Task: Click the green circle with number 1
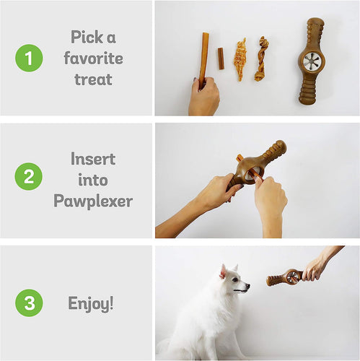tap(29, 58)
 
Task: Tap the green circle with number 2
tap(29, 177)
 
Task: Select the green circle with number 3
tap(29, 303)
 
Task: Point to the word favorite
tap(93, 58)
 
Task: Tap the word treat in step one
tap(93, 79)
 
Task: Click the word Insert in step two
tap(93, 158)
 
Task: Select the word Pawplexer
tap(93, 201)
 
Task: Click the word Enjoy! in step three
tap(92, 303)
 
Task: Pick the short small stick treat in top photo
tap(221, 58)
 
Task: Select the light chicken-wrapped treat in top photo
tap(240, 59)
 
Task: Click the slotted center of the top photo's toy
tap(312, 61)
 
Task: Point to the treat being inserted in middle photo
tap(240, 158)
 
